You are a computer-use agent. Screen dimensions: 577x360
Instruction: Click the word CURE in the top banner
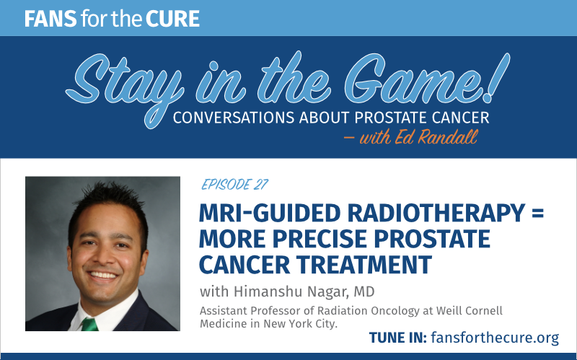172,19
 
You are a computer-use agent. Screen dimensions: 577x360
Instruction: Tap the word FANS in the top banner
50,19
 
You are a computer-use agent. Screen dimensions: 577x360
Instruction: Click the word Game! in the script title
427,79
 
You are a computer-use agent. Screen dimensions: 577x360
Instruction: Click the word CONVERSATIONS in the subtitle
234,118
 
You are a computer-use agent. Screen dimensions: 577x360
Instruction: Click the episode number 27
261,184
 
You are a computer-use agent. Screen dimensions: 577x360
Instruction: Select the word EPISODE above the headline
226,184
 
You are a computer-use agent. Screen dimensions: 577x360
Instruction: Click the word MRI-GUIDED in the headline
270,213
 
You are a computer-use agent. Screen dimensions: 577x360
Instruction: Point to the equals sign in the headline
537,214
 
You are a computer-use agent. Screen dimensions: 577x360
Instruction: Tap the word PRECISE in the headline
320,239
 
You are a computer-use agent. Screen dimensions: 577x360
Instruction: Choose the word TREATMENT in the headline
364,264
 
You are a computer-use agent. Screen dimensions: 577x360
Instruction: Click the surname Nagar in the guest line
328,291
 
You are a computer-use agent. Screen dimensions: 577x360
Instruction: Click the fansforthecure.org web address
495,337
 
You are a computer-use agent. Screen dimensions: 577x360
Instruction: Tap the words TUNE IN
398,338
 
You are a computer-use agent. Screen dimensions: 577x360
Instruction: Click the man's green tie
89,324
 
